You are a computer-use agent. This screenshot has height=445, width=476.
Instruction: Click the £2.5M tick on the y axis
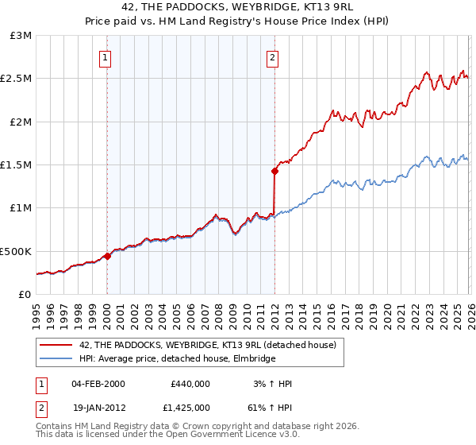(x=16, y=79)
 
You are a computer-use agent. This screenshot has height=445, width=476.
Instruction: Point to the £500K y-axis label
(x=16, y=251)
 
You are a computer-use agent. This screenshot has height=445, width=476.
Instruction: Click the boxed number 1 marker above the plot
(x=106, y=56)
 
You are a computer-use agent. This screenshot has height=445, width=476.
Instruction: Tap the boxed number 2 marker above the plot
(x=273, y=56)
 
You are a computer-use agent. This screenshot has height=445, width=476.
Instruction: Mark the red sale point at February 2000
(x=107, y=257)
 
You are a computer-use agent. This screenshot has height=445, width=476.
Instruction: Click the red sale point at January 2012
(x=274, y=171)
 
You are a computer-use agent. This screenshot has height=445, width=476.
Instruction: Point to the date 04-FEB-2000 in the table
(x=98, y=384)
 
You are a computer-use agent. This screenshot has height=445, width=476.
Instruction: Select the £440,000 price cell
(x=190, y=384)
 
